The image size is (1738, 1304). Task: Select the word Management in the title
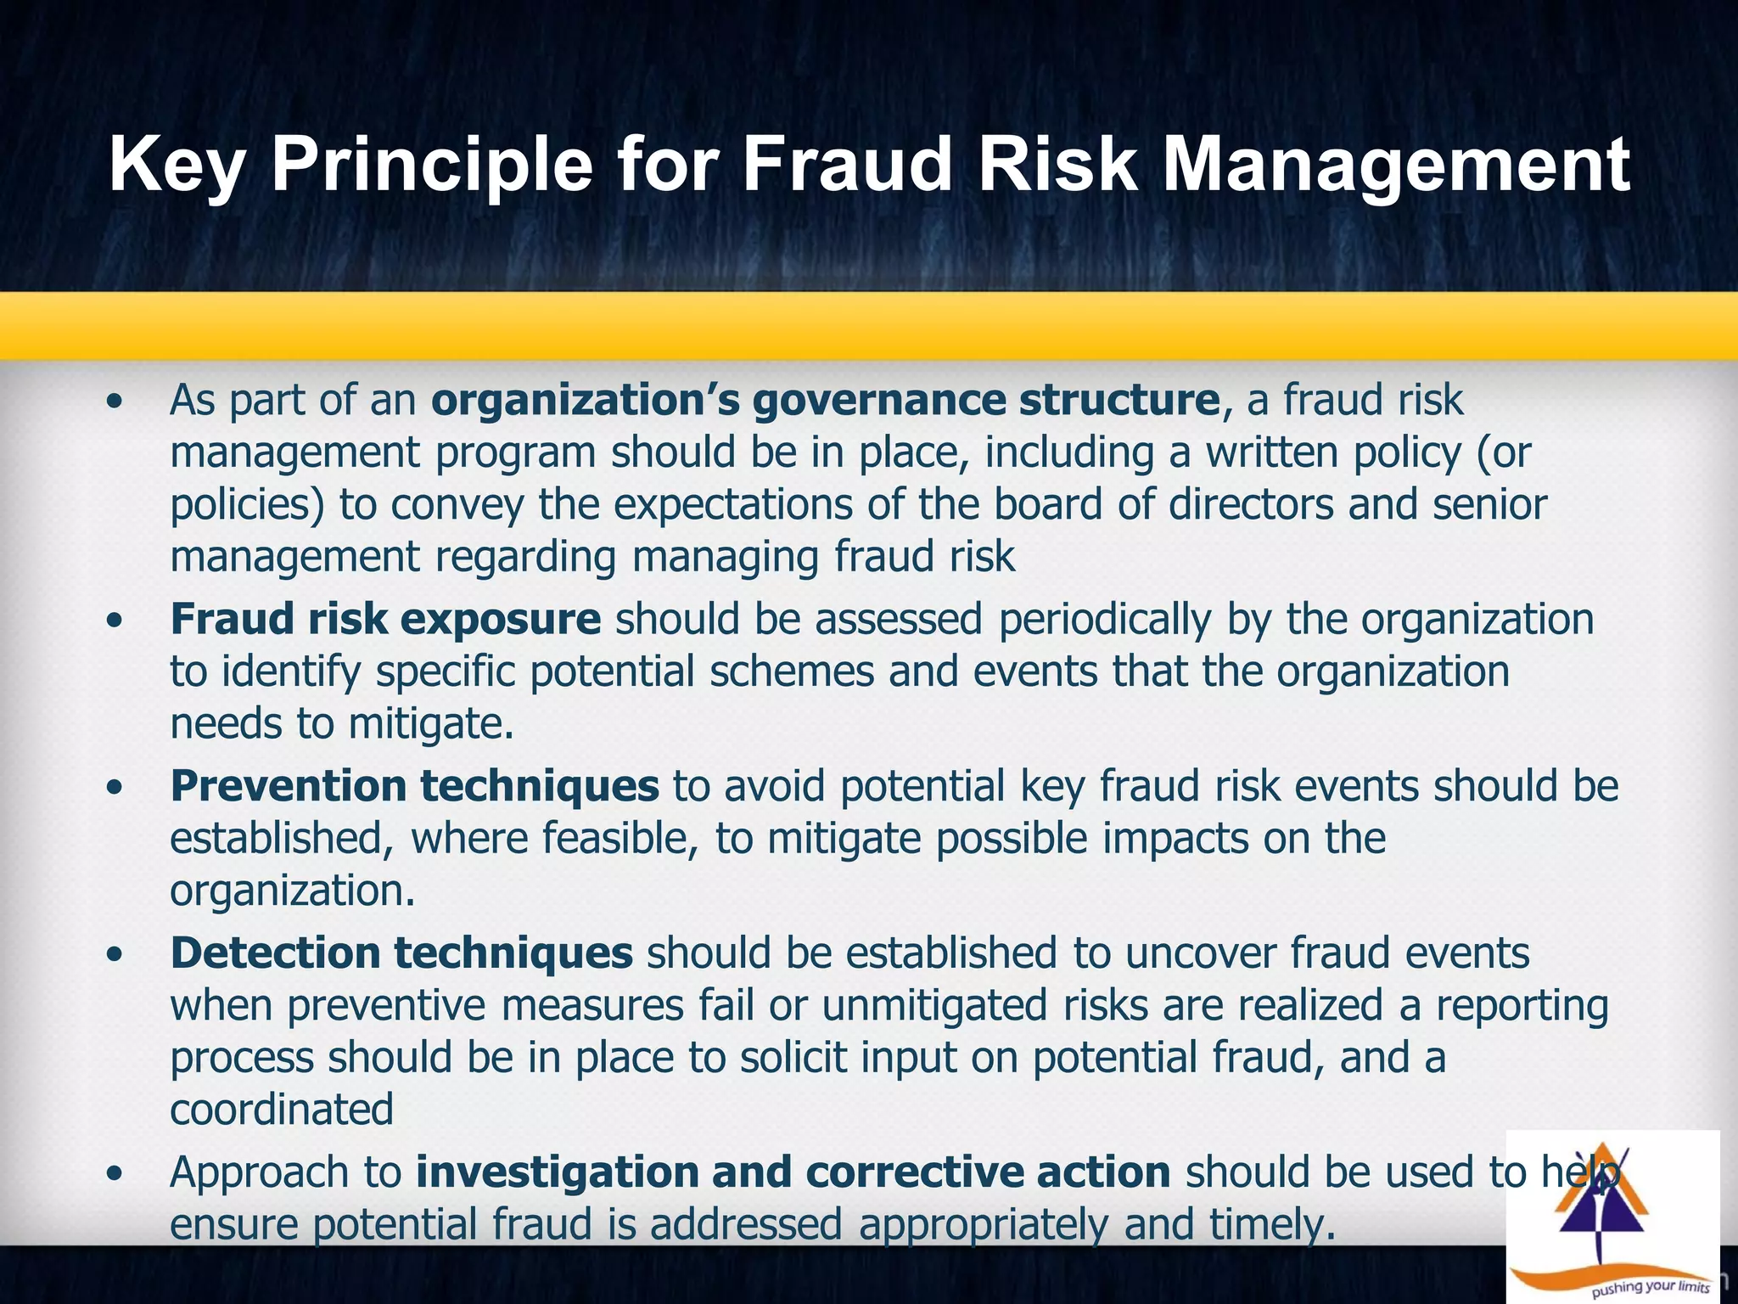(1396, 166)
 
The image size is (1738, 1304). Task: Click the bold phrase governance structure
(986, 400)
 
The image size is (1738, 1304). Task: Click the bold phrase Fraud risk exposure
(385, 619)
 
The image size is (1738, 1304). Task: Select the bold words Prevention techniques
(414, 786)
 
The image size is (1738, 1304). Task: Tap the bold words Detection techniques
(401, 953)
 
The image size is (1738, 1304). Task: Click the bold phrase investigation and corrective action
(793, 1172)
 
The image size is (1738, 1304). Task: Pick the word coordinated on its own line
(282, 1110)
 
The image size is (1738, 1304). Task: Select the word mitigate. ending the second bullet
(431, 724)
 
